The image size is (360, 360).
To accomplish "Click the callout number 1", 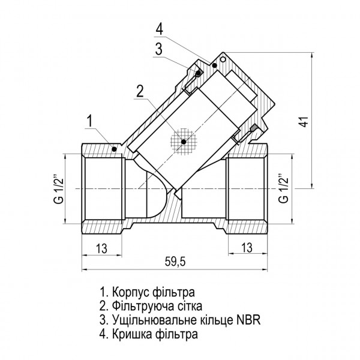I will (89, 121).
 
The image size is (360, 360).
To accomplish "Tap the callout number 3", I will (158, 50).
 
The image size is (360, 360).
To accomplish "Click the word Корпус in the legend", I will (131, 293).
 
